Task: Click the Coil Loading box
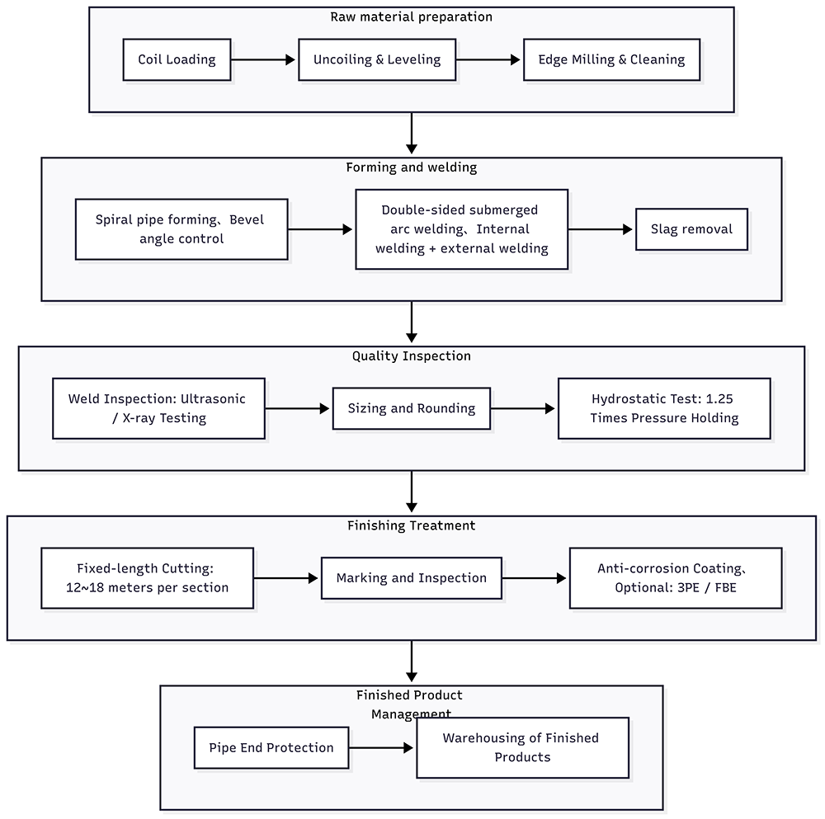click(x=177, y=59)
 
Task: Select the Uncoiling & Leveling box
click(x=377, y=59)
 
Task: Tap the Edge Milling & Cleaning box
click(x=611, y=59)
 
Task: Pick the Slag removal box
click(x=691, y=229)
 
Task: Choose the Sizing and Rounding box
click(x=412, y=409)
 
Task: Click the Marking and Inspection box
click(x=412, y=578)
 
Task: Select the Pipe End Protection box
click(x=271, y=747)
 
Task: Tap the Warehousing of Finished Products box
click(x=522, y=747)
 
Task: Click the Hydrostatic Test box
click(x=664, y=409)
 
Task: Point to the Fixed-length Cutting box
click(x=148, y=578)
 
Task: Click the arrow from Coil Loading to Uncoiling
click(x=263, y=60)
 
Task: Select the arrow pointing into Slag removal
click(x=601, y=229)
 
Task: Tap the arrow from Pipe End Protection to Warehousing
click(x=381, y=747)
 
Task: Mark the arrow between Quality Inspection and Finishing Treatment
click(x=412, y=492)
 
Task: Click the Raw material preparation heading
click(x=412, y=16)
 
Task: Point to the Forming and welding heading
click(x=412, y=167)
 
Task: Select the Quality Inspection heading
click(x=412, y=356)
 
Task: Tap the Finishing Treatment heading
click(x=412, y=525)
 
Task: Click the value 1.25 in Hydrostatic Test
click(x=719, y=398)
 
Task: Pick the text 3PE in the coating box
click(x=688, y=587)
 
